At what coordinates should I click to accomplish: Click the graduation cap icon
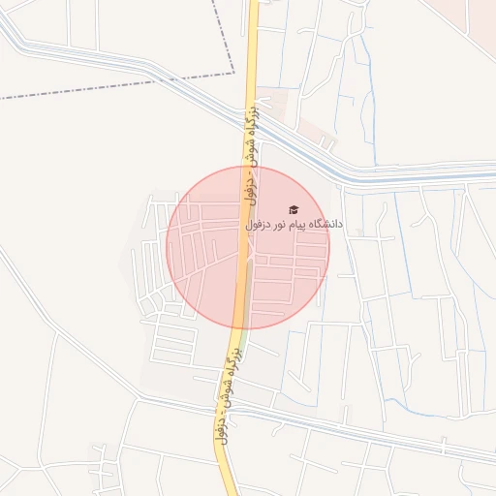tap(293, 210)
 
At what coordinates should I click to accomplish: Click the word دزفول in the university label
tap(256, 224)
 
